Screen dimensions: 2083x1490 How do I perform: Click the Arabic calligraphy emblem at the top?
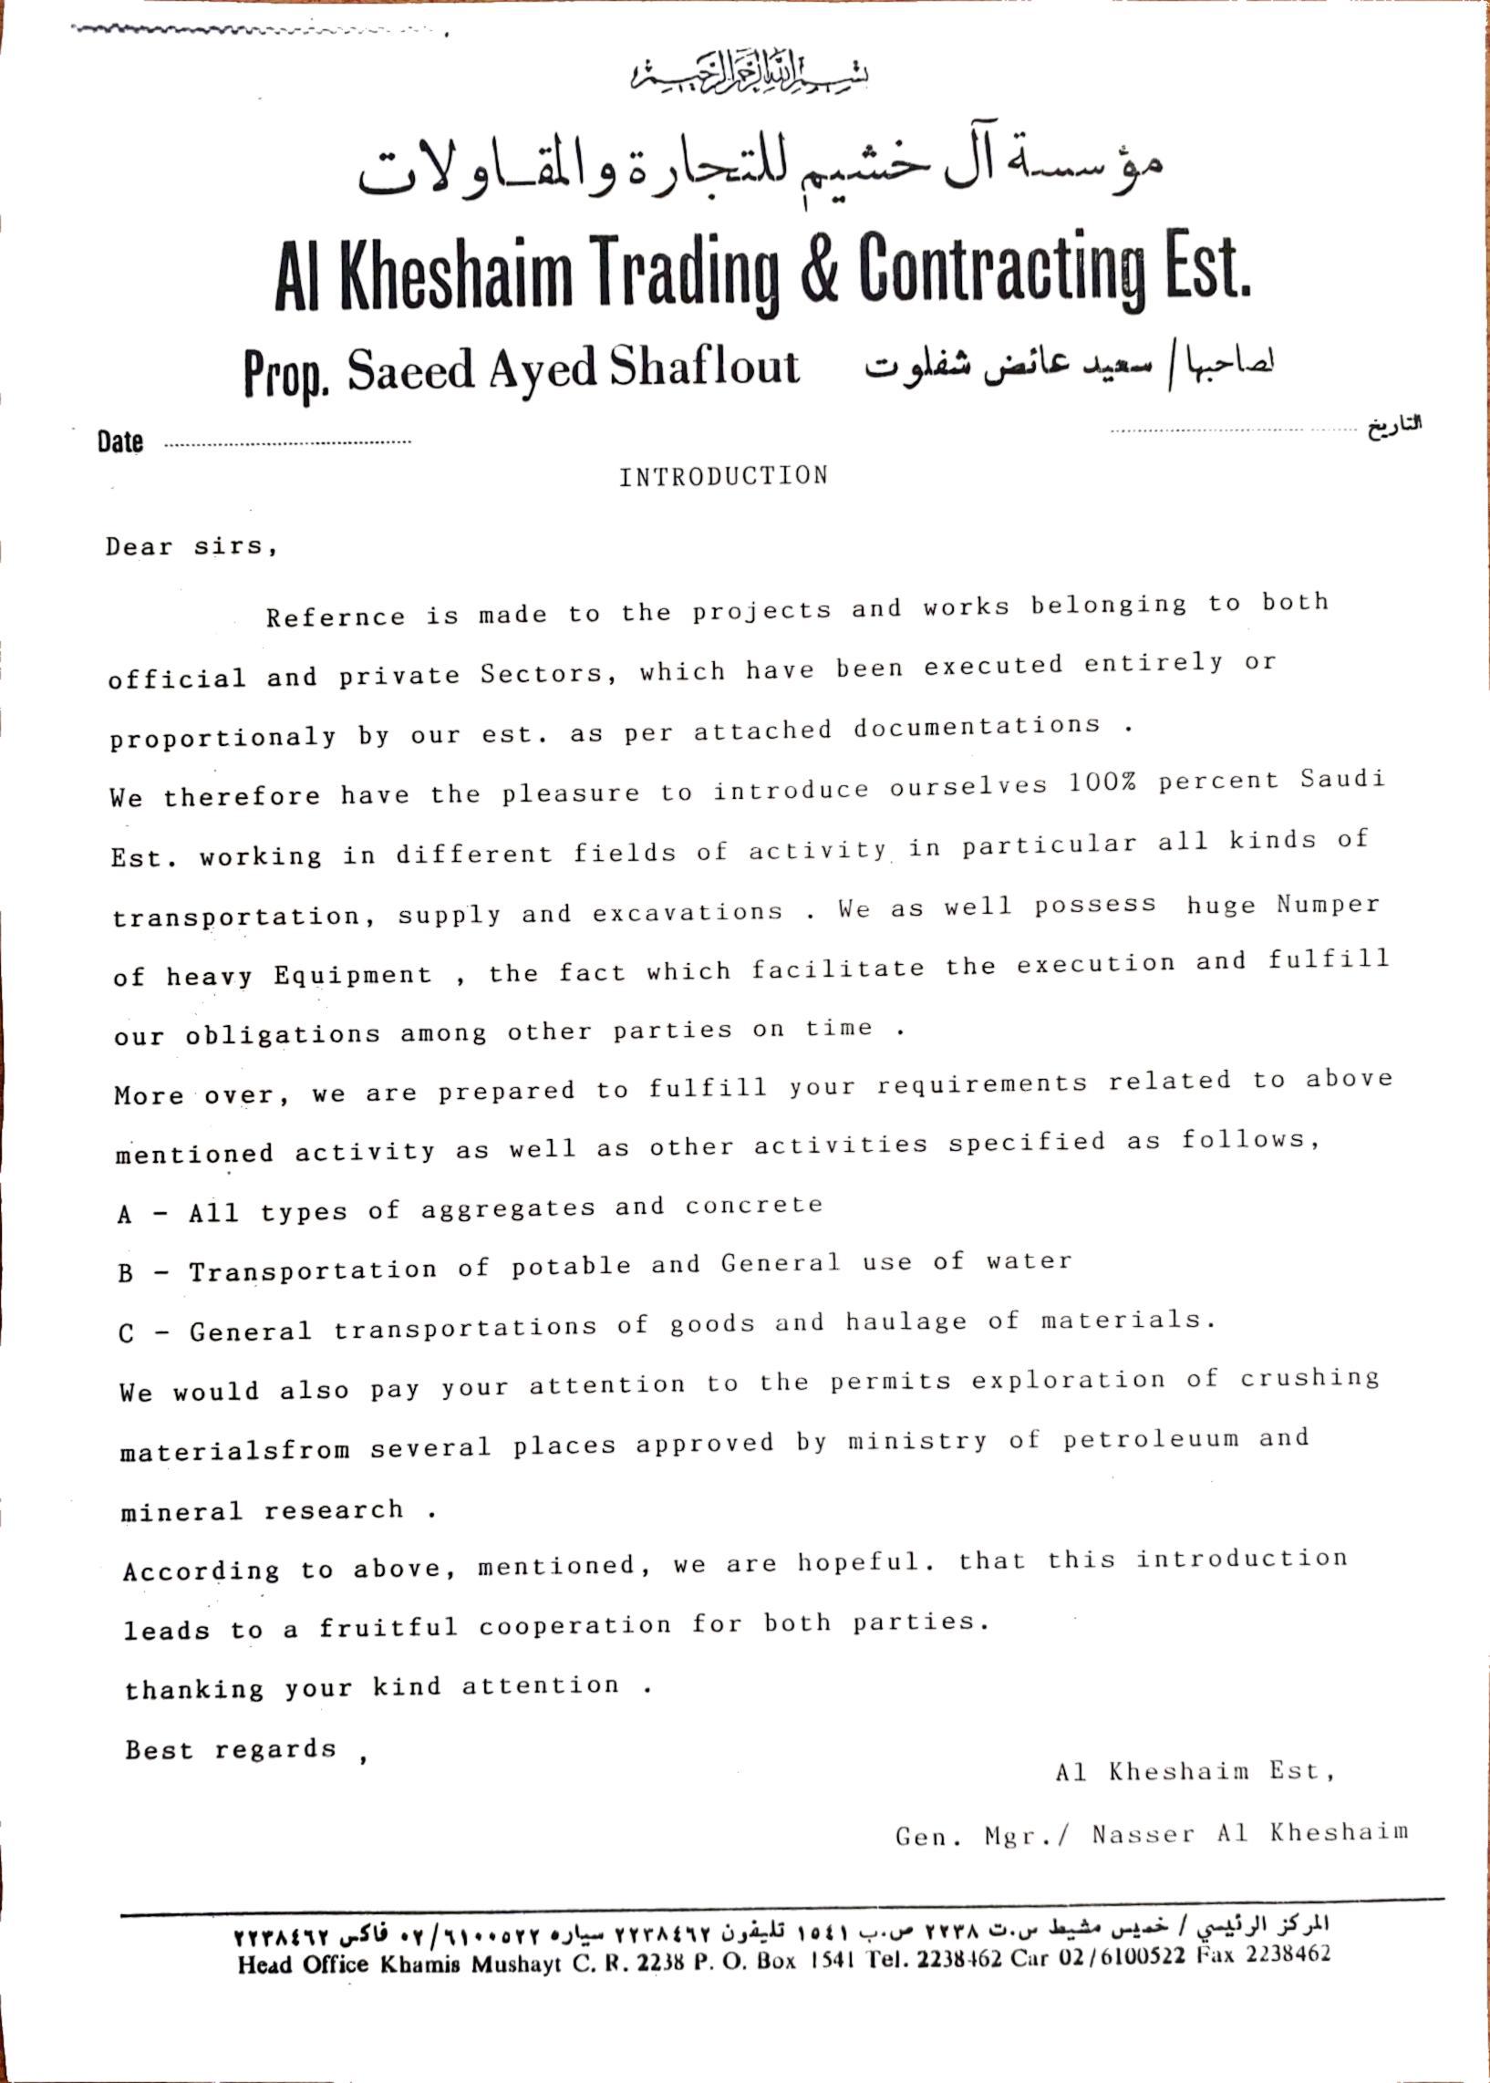[750, 74]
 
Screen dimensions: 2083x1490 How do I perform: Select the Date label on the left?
[120, 442]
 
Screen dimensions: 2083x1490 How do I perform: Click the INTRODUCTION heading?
[723, 476]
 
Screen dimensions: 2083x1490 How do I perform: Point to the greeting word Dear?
[139, 547]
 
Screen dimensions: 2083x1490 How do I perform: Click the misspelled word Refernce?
[335, 616]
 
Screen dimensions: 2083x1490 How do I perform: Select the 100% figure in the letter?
[1102, 782]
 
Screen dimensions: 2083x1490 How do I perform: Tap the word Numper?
[1328, 904]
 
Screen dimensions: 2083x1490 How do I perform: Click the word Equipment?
[352, 975]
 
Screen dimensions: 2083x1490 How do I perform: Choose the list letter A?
[125, 1215]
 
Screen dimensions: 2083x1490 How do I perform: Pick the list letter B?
[126, 1274]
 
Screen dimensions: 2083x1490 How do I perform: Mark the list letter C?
[127, 1333]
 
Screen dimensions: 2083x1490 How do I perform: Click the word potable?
[571, 1267]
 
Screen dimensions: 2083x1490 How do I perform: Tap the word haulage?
[905, 1321]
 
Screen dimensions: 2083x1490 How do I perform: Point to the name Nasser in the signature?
[1143, 1834]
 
